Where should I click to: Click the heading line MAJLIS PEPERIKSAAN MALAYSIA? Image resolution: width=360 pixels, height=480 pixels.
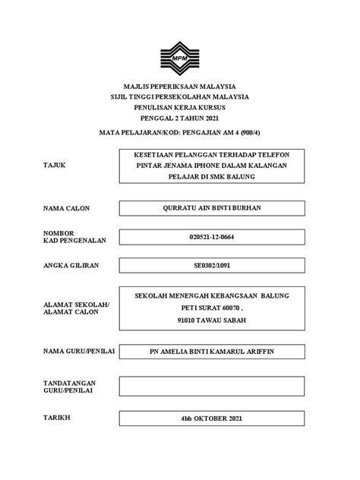(180, 87)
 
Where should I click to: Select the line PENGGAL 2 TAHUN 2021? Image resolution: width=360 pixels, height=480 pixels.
(180, 118)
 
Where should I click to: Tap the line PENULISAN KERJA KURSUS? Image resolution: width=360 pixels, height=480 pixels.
(180, 108)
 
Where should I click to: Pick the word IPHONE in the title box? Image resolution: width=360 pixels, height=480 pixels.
(209, 165)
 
